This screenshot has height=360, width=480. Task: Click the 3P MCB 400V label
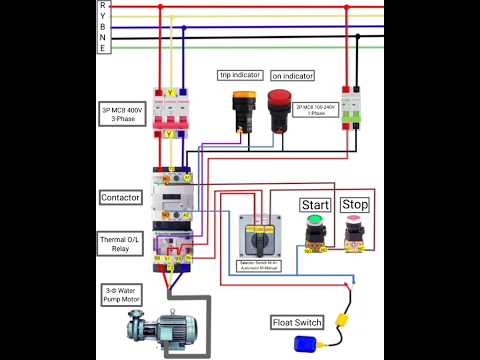click(x=122, y=113)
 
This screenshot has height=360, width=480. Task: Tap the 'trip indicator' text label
click(x=240, y=75)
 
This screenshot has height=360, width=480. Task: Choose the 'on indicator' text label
click(x=293, y=76)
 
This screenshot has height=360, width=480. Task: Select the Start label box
click(x=316, y=205)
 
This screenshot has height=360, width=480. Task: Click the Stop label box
click(x=355, y=205)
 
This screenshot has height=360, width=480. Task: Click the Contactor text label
click(x=121, y=198)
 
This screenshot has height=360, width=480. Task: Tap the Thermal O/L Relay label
click(x=121, y=244)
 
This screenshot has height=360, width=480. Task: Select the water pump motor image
click(x=163, y=322)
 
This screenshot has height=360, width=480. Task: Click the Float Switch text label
click(x=296, y=322)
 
